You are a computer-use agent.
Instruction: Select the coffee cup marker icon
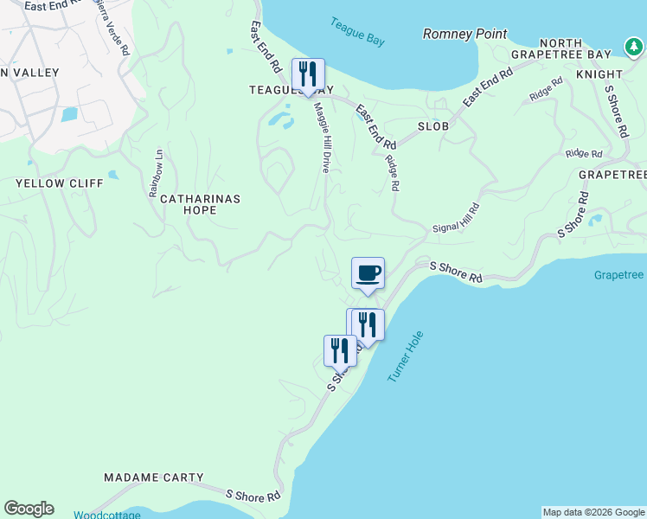point(368,274)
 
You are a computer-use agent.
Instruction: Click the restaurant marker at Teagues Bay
point(308,75)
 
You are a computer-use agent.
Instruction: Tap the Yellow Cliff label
point(60,183)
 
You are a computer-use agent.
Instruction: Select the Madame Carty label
point(154,477)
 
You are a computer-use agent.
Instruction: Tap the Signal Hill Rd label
point(456,219)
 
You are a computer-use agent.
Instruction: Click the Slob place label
point(433,126)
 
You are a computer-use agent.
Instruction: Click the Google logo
point(29,509)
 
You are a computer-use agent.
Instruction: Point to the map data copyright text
point(593,512)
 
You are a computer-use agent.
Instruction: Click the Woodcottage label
point(106,515)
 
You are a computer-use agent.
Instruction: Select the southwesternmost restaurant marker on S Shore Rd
point(339,351)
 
